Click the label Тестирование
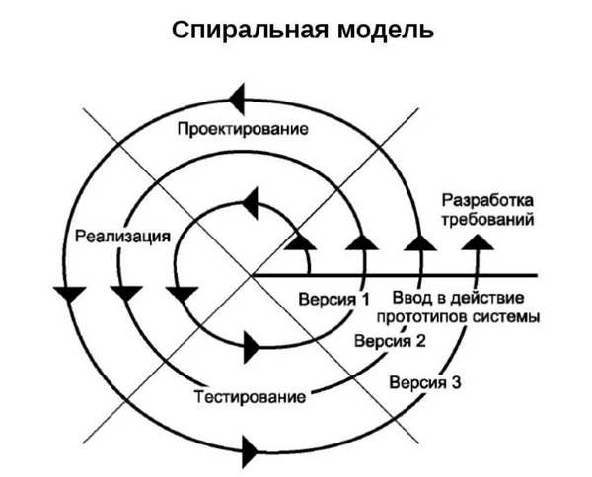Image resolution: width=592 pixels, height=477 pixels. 249,398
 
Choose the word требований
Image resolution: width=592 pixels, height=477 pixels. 487,219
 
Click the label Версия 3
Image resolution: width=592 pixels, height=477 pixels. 424,383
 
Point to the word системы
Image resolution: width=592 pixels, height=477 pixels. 506,317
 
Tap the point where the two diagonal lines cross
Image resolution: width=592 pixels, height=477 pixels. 254,274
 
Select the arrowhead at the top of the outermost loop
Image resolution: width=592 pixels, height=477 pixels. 237,97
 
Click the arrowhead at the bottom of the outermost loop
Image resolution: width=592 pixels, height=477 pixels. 251,452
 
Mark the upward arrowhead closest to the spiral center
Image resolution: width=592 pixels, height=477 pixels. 301,241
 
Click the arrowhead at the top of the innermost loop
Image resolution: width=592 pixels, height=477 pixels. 251,202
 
